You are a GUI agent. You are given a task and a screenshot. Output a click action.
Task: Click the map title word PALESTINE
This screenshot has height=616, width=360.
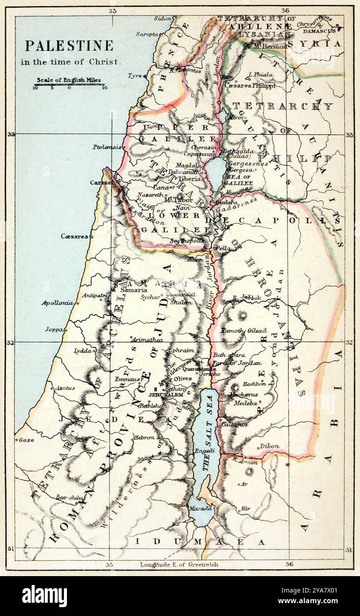69,46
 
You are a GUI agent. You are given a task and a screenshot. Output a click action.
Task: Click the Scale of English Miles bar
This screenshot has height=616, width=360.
69,84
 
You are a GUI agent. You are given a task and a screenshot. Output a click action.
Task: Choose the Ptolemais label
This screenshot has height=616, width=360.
107,147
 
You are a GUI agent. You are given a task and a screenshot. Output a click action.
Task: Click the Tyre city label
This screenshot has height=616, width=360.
135,76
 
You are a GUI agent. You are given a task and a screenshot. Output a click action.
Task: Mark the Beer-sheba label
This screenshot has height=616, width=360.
69,498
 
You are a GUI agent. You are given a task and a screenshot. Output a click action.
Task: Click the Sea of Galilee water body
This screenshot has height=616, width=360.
215,168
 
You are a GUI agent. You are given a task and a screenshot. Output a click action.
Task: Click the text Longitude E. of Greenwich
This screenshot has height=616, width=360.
179,564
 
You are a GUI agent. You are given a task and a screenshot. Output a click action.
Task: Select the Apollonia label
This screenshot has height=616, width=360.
57,303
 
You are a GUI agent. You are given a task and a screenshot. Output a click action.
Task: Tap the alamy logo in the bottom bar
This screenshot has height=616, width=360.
44,596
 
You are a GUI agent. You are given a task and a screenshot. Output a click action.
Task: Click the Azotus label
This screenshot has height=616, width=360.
65,388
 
